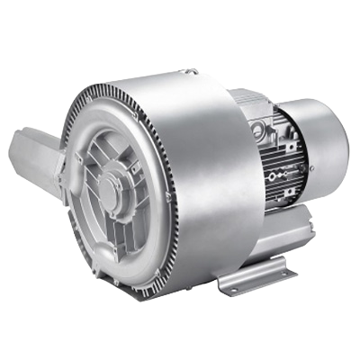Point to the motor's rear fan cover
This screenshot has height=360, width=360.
point(325,135)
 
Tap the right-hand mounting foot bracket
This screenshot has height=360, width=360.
point(257,274)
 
